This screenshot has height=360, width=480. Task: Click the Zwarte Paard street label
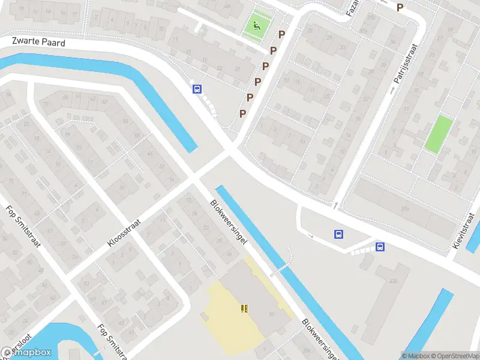(38, 42)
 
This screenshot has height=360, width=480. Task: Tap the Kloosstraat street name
(124, 233)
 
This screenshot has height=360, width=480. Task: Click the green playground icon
(256, 26)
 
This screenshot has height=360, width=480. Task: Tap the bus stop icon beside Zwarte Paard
(196, 89)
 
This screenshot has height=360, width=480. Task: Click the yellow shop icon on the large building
(244, 308)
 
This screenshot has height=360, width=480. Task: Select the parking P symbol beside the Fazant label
(400, 7)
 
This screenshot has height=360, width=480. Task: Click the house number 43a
(393, 281)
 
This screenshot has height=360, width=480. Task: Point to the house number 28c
(406, 208)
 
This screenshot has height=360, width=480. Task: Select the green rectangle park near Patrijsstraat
(439, 133)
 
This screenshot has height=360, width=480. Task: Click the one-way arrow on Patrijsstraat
(393, 90)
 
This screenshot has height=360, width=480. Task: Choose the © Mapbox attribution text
(416, 356)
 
